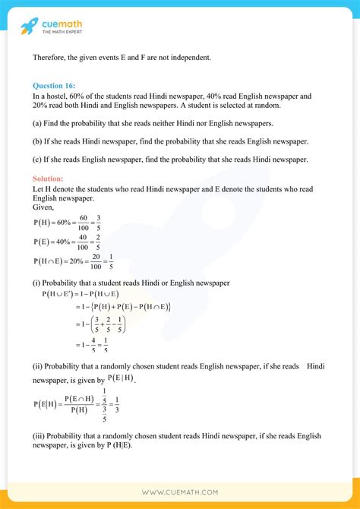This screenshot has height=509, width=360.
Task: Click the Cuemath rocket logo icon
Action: pos(30,27)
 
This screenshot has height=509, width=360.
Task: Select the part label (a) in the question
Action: pos(38,123)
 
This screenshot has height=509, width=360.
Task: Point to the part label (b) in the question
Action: pos(38,141)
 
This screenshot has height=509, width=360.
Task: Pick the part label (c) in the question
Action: pos(38,160)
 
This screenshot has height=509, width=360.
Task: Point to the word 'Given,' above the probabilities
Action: pos(44,206)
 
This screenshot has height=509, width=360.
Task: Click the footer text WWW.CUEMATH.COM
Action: pos(180,493)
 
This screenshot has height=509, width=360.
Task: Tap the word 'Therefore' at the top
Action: pos(51,58)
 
